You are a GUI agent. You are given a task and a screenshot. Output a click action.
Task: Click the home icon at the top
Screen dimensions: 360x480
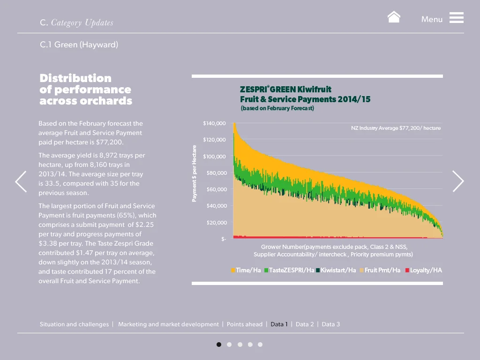(x=394, y=17)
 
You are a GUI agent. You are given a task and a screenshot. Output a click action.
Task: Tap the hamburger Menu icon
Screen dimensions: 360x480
(x=456, y=18)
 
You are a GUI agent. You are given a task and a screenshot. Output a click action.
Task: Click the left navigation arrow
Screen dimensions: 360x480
(x=21, y=181)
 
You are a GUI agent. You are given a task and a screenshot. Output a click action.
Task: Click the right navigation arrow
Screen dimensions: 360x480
(x=458, y=181)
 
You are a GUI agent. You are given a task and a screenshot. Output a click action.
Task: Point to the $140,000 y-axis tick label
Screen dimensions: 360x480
(x=214, y=123)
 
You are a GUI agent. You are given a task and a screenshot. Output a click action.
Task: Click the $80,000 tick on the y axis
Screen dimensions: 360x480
(x=217, y=173)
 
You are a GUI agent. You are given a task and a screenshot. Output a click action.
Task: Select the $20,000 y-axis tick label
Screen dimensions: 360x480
(x=217, y=223)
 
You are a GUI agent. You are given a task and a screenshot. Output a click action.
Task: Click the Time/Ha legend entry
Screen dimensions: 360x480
(x=246, y=270)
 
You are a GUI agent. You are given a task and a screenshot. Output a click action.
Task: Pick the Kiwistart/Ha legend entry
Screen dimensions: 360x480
(x=336, y=270)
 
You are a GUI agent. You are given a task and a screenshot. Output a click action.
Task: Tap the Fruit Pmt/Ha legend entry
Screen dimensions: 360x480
(x=380, y=270)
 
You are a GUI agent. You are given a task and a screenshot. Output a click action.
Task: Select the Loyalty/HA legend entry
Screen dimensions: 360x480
(x=423, y=270)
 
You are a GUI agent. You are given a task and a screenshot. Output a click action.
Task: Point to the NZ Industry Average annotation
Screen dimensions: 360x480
(x=396, y=128)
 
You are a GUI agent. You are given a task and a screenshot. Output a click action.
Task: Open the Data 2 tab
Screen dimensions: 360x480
(x=305, y=324)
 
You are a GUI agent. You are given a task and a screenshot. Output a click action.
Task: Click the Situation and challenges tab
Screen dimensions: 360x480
(x=74, y=324)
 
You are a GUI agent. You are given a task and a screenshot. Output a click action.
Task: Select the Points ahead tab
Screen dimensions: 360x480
(x=245, y=324)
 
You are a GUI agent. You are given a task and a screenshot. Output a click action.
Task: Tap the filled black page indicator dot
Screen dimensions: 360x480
(x=219, y=345)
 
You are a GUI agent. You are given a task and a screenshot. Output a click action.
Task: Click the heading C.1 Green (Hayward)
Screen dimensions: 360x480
(x=79, y=45)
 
